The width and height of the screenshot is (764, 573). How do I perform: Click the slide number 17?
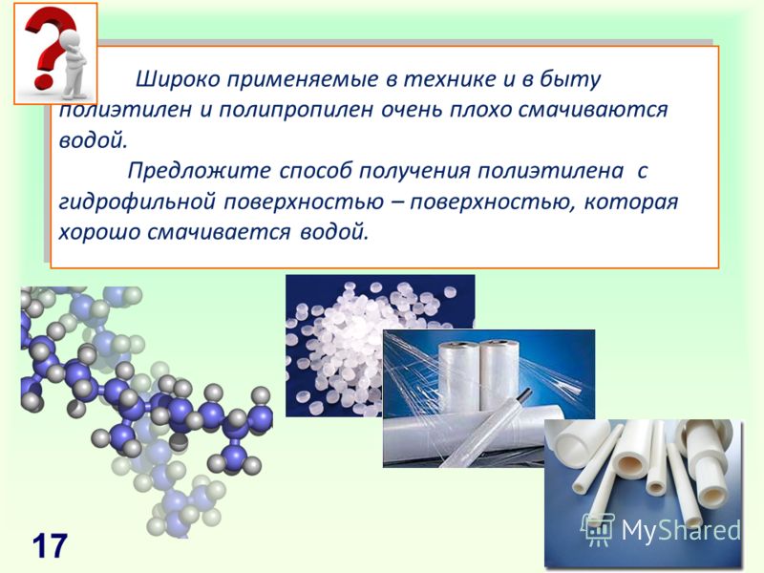[51, 545]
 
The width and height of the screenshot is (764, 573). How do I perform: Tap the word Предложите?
[199, 172]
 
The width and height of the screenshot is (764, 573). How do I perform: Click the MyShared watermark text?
[681, 529]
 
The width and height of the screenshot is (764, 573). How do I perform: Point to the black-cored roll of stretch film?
[487, 427]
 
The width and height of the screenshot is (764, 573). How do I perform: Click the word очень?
[412, 110]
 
